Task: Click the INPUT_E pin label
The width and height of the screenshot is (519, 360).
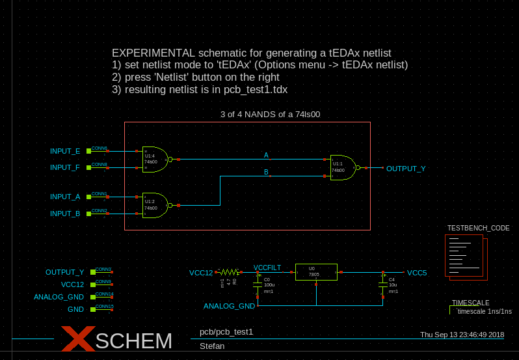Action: point(65,151)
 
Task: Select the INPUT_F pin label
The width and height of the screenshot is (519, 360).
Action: point(65,167)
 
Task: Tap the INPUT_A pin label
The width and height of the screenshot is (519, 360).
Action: point(65,197)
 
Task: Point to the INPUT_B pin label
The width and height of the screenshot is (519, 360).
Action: point(65,214)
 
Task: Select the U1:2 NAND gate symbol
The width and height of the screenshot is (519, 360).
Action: point(154,205)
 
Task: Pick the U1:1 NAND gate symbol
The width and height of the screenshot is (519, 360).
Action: point(343,167)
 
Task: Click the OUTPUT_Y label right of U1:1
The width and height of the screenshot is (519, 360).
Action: point(406,169)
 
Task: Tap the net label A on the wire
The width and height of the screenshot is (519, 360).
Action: point(266,155)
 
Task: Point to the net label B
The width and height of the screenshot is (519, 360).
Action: point(266,173)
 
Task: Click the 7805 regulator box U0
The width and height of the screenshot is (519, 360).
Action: point(316,272)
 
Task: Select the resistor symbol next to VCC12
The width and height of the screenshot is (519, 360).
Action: point(228,272)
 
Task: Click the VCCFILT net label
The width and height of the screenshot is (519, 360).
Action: point(267,268)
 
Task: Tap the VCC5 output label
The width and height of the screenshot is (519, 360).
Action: point(417,273)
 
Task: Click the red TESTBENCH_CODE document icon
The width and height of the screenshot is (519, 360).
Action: point(466,257)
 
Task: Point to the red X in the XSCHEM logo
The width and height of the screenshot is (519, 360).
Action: point(79,340)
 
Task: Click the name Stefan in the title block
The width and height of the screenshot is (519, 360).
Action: point(212,346)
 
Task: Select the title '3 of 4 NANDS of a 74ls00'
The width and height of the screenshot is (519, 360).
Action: point(270,114)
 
